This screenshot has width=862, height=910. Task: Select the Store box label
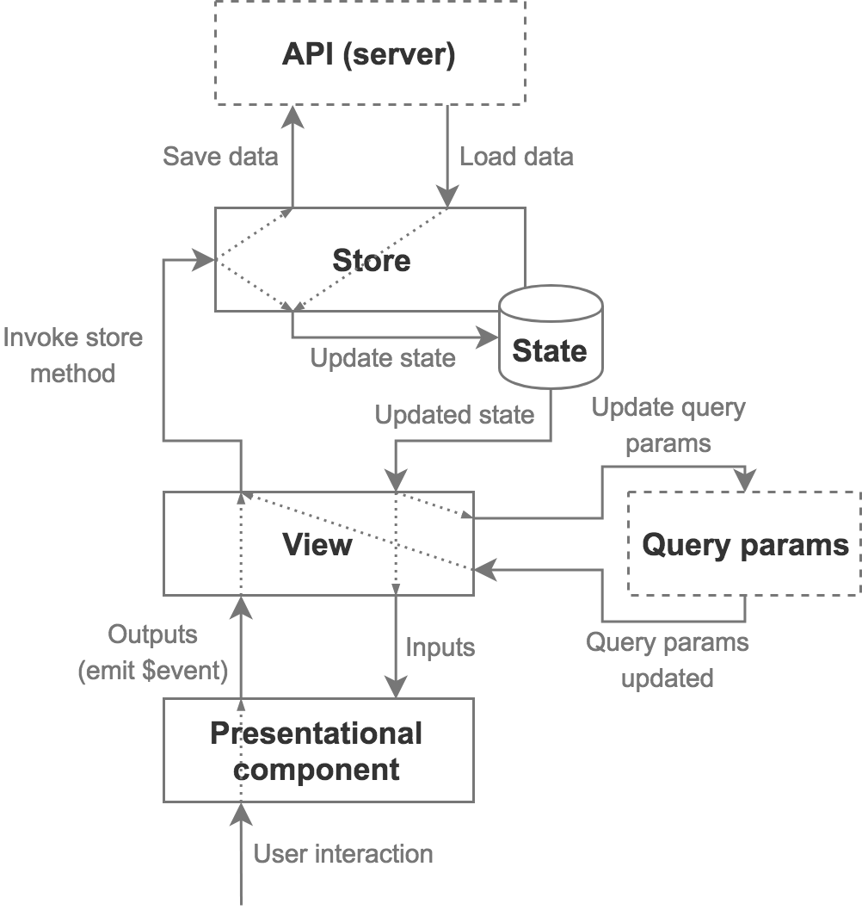pos(371,260)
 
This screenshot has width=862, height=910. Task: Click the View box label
pos(317,544)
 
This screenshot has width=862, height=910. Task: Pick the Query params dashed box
pos(745,544)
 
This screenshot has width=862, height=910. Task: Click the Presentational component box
pos(317,751)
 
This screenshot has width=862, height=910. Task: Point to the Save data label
pos(220,157)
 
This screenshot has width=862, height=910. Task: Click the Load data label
pos(516,157)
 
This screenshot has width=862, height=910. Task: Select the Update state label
pos(383,357)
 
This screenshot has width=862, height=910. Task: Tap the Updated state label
pos(454,415)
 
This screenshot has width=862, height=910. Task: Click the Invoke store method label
pos(72,355)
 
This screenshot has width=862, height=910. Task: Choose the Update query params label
pos(668,425)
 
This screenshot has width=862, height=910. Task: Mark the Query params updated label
pos(668,659)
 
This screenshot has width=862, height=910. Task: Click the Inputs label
pos(440,646)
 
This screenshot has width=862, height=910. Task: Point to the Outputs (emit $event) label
pos(153,653)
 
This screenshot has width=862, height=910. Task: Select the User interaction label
pos(343,854)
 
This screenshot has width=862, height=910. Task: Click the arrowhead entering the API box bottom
pos(292,115)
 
